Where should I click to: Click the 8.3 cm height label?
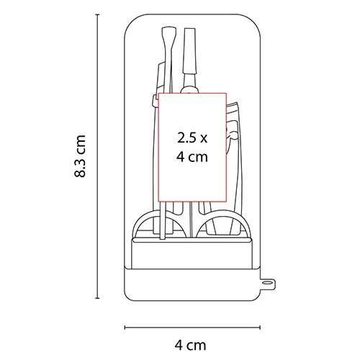pos(80,156)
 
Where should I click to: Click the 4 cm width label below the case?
pos(190,346)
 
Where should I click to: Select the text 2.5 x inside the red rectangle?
pos(192,138)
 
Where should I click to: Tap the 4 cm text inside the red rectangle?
pos(192,157)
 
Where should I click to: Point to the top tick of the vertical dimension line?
pos(97,15)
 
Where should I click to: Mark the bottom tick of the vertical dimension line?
pos(97,298)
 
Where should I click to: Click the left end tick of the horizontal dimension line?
pos(125,328)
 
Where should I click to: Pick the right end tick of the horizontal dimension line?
pos(260,328)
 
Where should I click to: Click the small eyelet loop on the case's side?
pos(268,284)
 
